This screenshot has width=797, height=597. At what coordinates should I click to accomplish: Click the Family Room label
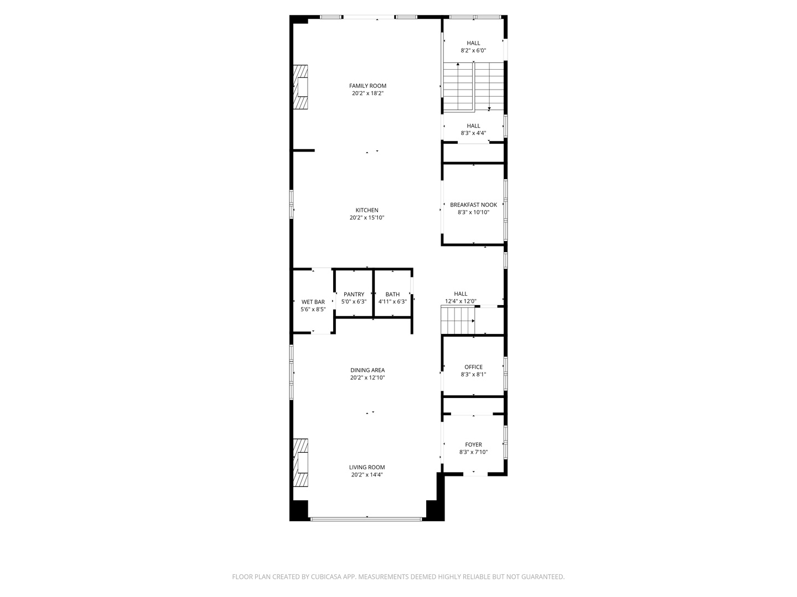[x=368, y=86]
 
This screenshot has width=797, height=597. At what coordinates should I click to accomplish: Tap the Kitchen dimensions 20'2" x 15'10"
[x=367, y=218]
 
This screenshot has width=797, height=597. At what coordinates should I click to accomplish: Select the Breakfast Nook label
[x=473, y=205]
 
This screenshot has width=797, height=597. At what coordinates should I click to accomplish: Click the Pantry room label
[x=354, y=294]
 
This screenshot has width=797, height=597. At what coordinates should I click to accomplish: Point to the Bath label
[x=392, y=294]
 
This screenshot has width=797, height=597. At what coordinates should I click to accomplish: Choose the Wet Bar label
[x=313, y=302]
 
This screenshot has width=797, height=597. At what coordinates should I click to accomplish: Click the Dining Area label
[x=367, y=370]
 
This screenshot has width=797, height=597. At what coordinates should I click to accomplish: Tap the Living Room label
[x=367, y=467]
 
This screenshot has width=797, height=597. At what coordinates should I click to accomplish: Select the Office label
[x=473, y=367]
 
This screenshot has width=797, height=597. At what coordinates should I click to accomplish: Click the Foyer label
[x=473, y=444]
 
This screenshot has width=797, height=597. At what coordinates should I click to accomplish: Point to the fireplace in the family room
[x=301, y=87]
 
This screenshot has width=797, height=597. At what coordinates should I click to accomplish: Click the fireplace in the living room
[x=301, y=462]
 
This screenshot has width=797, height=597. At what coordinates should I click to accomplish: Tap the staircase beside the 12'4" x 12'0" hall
[x=458, y=321]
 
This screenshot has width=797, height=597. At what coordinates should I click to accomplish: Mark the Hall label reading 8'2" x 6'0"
[x=473, y=43]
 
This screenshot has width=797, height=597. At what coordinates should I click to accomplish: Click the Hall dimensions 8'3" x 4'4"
[x=473, y=133]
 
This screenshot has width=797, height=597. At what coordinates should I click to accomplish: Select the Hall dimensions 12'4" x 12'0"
[x=460, y=301]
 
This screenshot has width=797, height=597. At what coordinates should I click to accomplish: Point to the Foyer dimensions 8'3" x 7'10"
[x=473, y=452]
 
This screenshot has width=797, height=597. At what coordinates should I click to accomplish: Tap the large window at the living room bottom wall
[x=366, y=519]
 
